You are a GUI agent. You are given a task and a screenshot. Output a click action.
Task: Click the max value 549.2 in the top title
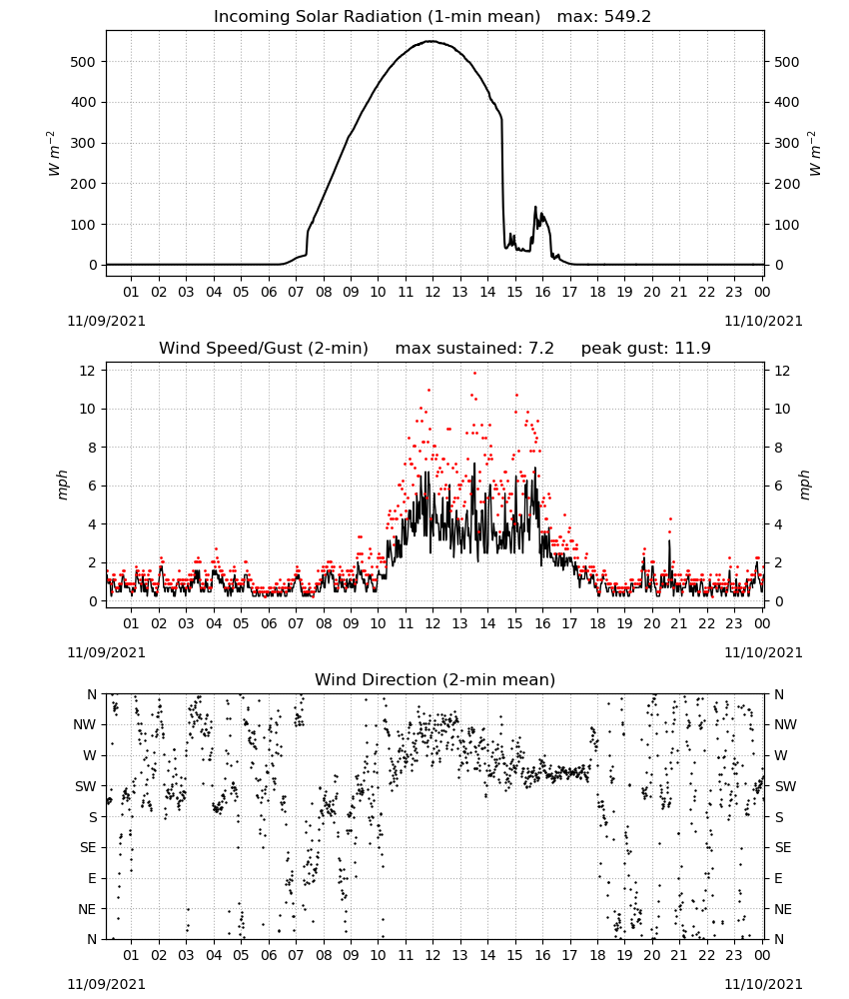tap(627, 16)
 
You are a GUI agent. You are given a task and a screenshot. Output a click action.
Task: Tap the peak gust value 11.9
tap(691, 348)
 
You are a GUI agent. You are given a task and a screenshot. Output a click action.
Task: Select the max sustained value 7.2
tap(541, 348)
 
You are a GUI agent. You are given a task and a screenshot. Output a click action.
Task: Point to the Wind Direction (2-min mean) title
tap(435, 679)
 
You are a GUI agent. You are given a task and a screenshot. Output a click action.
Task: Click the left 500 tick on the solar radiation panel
tap(84, 62)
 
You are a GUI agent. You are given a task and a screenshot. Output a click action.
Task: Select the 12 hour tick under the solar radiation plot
tap(432, 292)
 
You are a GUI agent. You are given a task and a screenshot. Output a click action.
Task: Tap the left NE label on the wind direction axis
tap(87, 909)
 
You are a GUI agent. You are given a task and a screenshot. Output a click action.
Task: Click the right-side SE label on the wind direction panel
tap(783, 847)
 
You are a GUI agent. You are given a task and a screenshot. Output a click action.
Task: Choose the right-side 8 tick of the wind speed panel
tap(778, 448)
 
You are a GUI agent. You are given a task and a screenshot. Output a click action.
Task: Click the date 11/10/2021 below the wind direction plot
tap(763, 984)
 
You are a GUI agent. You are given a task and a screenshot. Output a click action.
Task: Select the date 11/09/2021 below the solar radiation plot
tap(106, 321)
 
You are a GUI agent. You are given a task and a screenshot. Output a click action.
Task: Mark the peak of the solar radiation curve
tap(431, 41)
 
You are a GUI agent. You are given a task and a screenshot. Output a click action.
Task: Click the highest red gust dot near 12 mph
tap(474, 374)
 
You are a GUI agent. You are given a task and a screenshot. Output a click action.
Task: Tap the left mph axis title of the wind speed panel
tap(62, 486)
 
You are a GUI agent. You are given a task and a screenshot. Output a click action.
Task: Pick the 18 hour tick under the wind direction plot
tap(597, 955)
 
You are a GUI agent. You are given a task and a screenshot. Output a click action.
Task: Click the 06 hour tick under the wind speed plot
tap(269, 623)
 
